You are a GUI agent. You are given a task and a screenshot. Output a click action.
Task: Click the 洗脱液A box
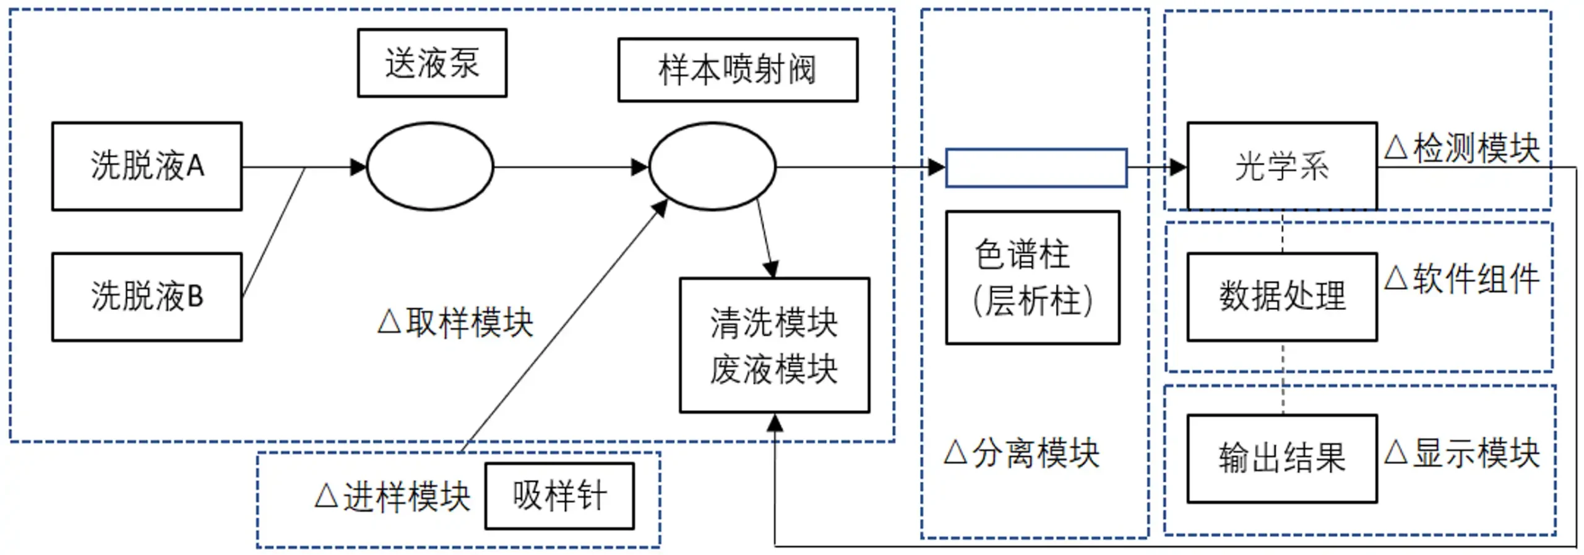147,166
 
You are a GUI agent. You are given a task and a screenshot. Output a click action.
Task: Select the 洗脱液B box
147,296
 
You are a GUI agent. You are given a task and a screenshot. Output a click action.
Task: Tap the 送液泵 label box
432,62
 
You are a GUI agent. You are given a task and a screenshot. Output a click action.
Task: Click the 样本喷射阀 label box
737,69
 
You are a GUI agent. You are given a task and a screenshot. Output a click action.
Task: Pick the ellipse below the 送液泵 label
430,166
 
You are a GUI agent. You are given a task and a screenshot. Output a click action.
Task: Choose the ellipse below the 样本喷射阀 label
712,166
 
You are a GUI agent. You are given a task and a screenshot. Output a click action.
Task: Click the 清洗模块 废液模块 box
774,345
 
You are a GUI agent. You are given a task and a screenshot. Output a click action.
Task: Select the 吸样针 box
559,496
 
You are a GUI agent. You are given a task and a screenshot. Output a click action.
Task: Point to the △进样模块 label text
392,497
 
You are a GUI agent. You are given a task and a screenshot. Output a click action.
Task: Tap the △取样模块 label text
455,322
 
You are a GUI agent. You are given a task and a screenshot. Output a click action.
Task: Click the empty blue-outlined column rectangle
1036,167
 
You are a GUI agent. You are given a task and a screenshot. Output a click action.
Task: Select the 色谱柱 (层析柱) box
1032,277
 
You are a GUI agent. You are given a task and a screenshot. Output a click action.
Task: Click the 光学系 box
1281,166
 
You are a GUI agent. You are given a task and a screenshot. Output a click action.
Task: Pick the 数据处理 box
1281,296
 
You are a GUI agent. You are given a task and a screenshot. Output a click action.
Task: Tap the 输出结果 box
1281,458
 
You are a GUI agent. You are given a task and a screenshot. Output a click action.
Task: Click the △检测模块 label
1461,148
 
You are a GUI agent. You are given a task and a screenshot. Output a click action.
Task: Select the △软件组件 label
1461,278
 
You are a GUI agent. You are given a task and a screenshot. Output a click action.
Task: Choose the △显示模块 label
1461,453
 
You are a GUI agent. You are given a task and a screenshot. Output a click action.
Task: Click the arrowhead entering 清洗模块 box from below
775,422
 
